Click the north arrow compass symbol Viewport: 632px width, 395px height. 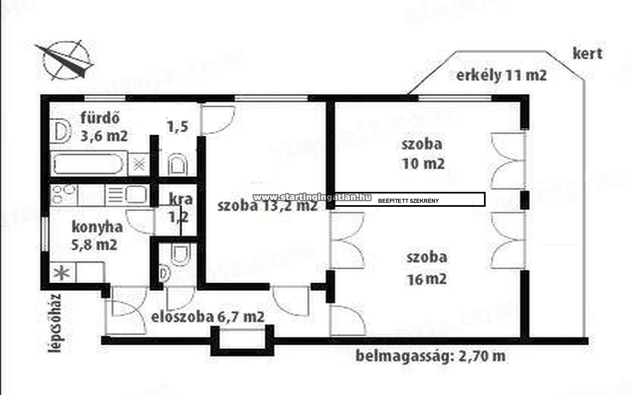65,61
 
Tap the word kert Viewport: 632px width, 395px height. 587,54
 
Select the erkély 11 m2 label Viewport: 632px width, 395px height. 501,75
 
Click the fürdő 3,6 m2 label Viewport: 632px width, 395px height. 104,127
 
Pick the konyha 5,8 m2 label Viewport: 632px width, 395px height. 97,236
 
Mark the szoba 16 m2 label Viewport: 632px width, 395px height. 427,268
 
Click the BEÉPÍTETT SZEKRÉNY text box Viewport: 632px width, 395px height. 409,199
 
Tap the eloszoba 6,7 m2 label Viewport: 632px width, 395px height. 208,317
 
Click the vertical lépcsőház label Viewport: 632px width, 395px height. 55,323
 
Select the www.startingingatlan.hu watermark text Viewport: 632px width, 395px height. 312,197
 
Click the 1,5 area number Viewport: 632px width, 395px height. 178,126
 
